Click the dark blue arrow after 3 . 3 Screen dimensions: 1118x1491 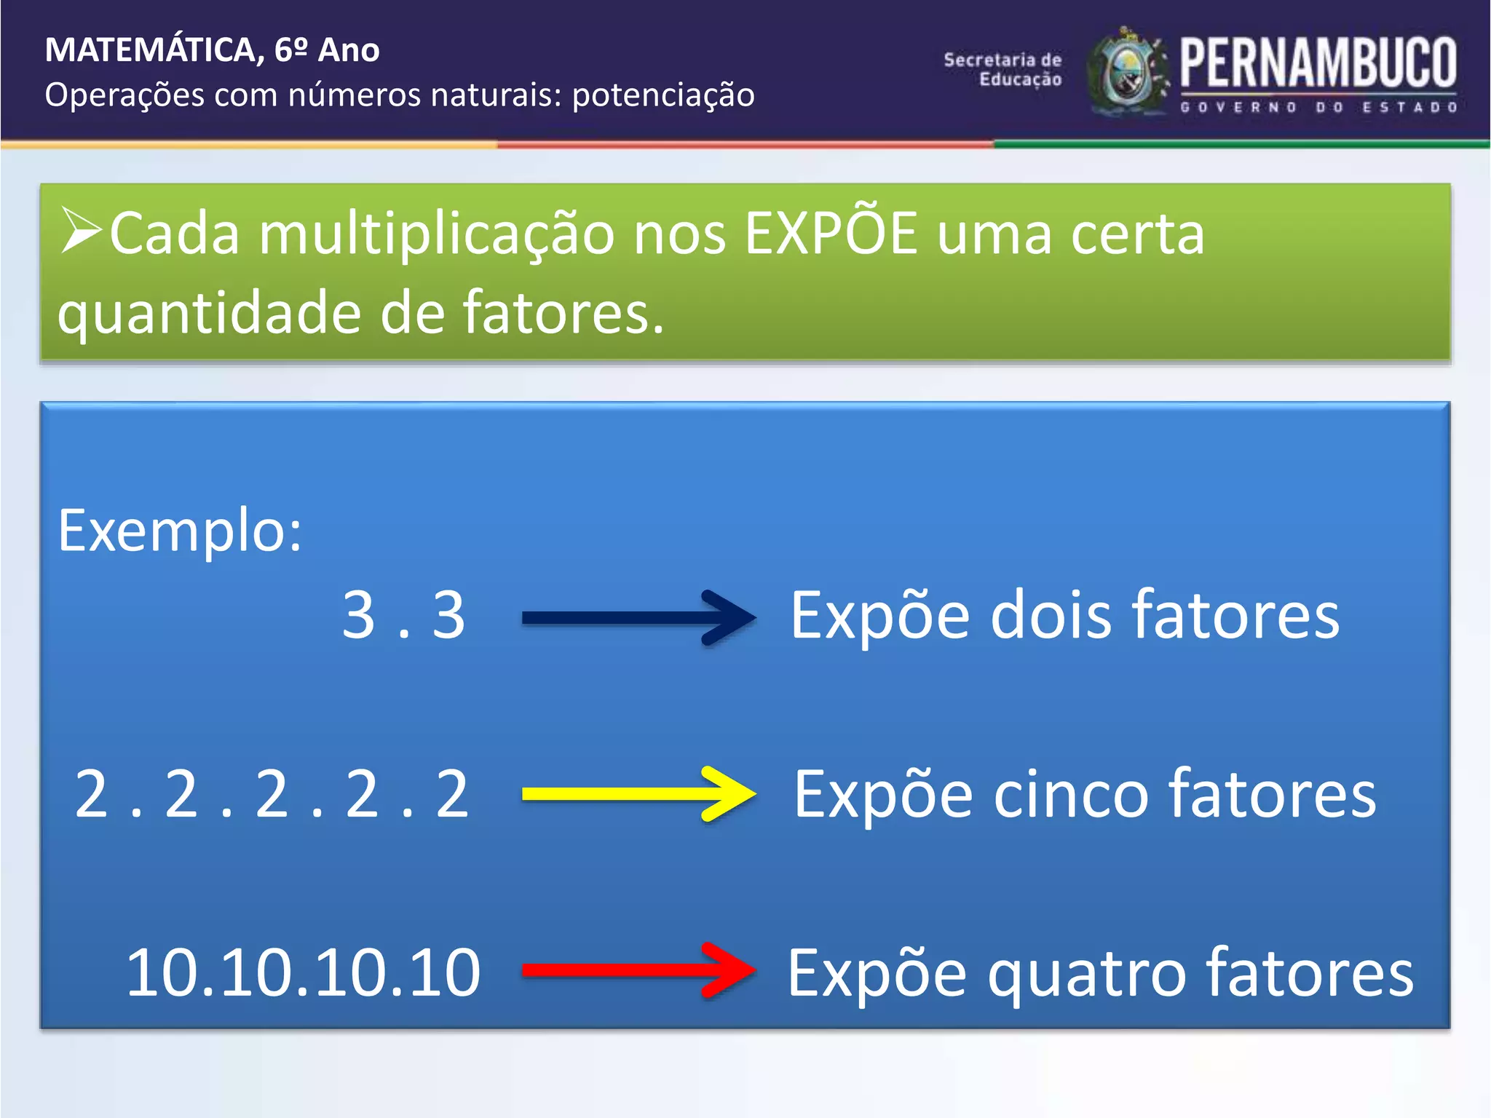[x=638, y=618]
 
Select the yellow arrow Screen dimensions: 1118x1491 [x=638, y=793]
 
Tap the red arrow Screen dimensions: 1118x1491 [x=638, y=970]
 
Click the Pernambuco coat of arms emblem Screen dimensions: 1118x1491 [x=1127, y=72]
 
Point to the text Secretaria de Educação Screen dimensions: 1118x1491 [x=1003, y=70]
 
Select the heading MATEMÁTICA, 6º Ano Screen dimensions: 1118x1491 [x=212, y=50]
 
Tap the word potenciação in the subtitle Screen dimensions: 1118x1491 [x=663, y=95]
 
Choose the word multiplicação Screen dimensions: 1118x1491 [x=436, y=234]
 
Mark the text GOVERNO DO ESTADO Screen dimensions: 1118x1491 [x=1318, y=108]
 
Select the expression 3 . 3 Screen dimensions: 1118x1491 [x=403, y=616]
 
